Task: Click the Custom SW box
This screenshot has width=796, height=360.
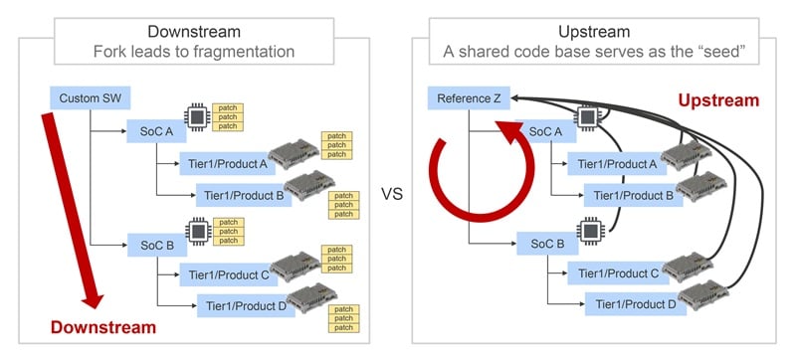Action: click(91, 97)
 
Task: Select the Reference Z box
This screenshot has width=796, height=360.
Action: click(469, 97)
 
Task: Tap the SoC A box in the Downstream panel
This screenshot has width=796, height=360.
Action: click(156, 131)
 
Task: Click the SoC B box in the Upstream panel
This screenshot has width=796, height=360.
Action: click(547, 244)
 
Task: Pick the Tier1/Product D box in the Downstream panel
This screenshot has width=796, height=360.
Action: click(246, 305)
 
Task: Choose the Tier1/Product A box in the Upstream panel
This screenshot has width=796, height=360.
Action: click(617, 164)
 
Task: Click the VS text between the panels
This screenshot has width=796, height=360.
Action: click(391, 194)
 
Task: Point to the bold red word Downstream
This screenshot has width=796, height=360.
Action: click(103, 327)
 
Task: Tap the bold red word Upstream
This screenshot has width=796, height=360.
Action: click(718, 100)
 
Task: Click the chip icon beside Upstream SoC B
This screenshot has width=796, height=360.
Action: click(589, 230)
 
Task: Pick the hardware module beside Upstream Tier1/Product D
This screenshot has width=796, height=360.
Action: click(703, 295)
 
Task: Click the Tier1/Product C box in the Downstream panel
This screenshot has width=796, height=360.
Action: click(229, 274)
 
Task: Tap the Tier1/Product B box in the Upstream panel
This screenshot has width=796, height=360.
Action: click(633, 195)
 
